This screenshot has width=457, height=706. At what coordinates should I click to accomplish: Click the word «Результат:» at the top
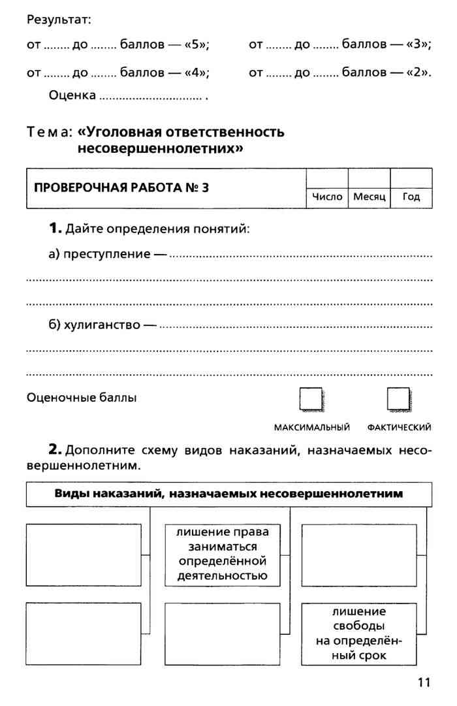tap(58, 20)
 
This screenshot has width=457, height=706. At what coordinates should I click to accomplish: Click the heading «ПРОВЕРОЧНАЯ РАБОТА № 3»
tap(121, 188)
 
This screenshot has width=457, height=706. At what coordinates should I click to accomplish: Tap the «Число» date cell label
tap(327, 197)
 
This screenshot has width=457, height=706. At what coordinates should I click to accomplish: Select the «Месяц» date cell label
tap(370, 197)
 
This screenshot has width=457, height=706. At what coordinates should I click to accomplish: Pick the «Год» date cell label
tap(411, 197)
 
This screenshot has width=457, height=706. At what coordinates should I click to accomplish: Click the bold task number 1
tap(54, 229)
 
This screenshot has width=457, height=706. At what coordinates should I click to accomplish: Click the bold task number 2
tap(55, 450)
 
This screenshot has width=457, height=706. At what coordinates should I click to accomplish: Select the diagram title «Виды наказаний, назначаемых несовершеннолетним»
tap(228, 494)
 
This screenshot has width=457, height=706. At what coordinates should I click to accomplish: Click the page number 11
tap(424, 682)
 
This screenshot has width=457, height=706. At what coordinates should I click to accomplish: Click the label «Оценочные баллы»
tap(82, 397)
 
